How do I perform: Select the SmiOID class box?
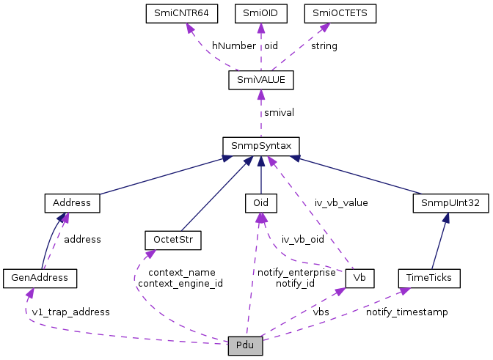coord(260,12)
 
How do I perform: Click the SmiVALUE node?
coord(260,79)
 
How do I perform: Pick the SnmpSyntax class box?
coord(260,146)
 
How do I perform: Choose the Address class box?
coord(72,202)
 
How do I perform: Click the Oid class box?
coord(260,202)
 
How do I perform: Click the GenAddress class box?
coord(40,278)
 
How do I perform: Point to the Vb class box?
coord(359,278)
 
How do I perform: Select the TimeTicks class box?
coord(429,278)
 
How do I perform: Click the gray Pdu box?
coord(245,345)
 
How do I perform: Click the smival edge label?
coord(280,113)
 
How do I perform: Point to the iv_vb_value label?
coord(341,202)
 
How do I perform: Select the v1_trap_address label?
coord(70,312)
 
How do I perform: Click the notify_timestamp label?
coord(407,312)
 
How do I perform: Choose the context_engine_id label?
coord(180,283)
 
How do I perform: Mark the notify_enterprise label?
coord(296,273)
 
